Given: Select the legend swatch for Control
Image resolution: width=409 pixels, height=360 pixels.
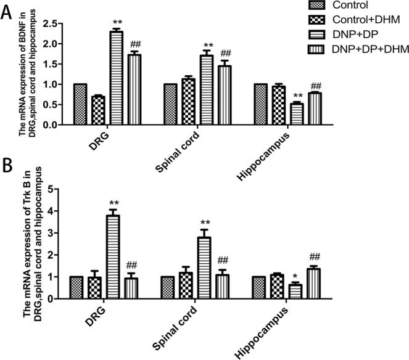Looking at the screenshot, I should (316, 6).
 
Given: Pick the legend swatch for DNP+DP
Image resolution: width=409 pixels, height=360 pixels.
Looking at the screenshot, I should (316, 33).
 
